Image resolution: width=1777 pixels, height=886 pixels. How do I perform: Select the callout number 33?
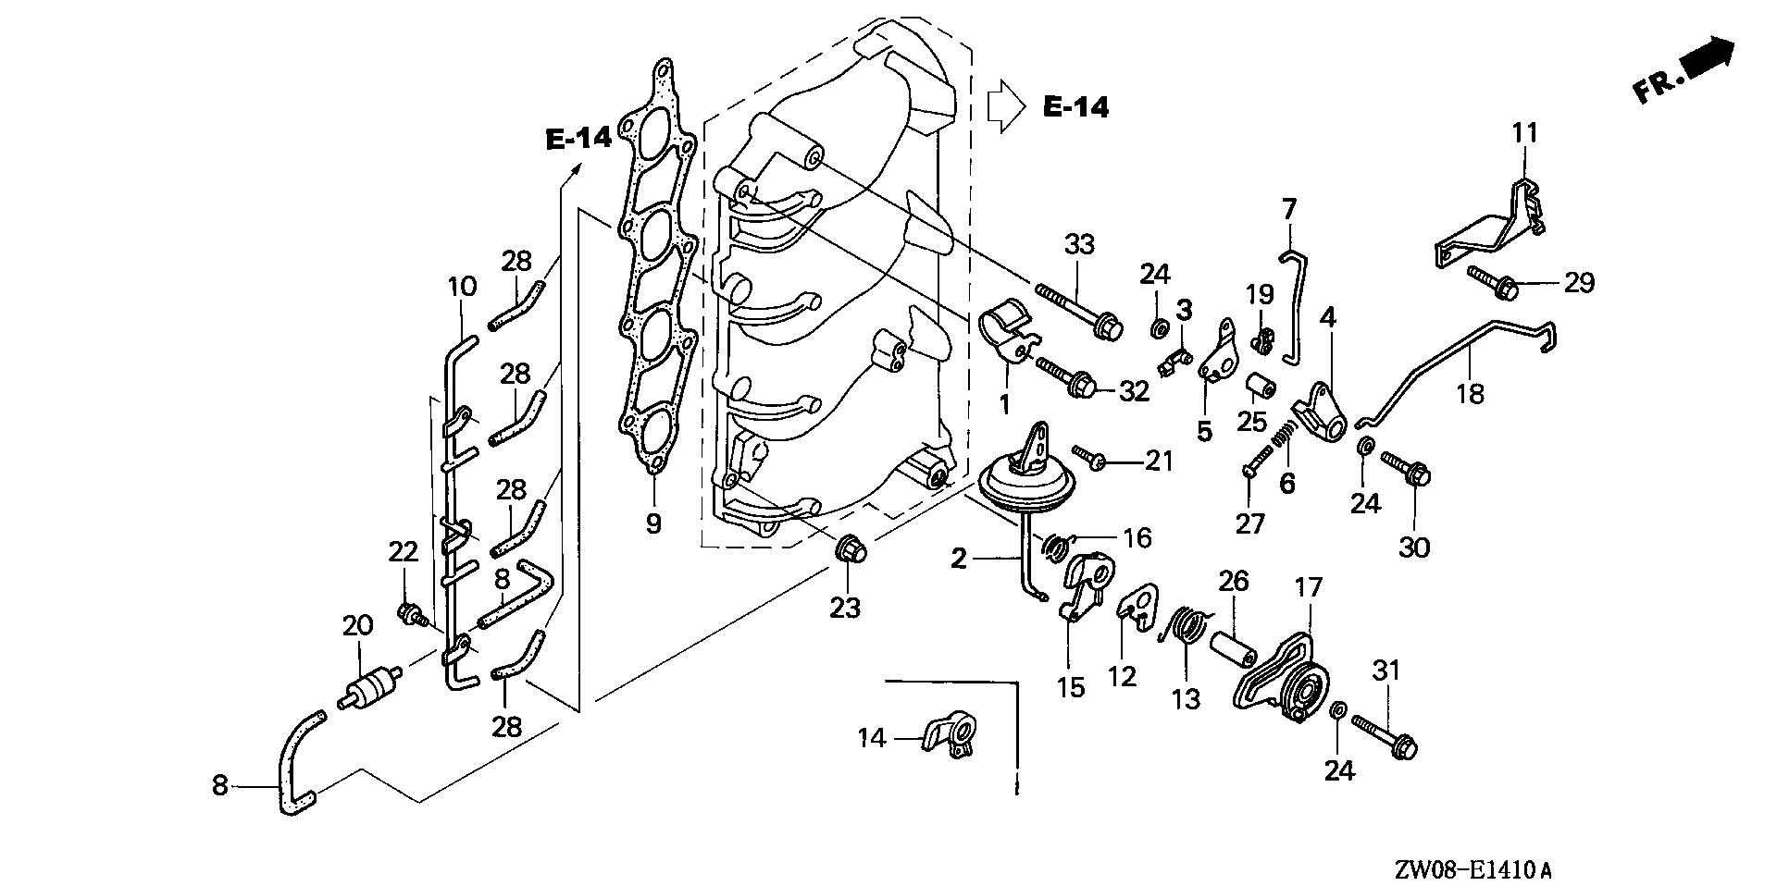point(1079,245)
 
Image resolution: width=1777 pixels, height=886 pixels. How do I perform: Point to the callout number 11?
point(1524,133)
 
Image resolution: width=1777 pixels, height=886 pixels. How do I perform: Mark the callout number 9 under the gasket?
point(653,524)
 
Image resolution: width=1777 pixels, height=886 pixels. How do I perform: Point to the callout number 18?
point(1470,394)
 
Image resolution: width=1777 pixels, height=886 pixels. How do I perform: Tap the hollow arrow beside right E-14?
point(1006,107)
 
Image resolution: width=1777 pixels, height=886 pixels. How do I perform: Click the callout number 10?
point(463,287)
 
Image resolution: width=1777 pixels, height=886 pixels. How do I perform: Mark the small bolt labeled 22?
point(409,614)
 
